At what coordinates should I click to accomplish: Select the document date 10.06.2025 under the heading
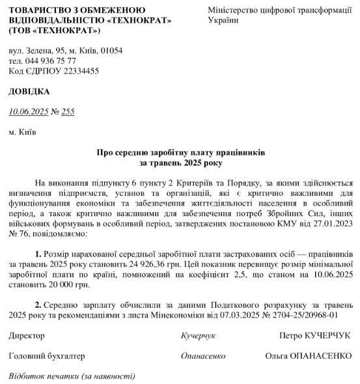(28, 111)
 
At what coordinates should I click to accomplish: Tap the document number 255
(68, 111)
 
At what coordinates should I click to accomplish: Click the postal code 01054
(109, 50)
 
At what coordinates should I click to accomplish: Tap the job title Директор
(27, 336)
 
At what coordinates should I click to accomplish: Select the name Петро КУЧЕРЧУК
(313, 336)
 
